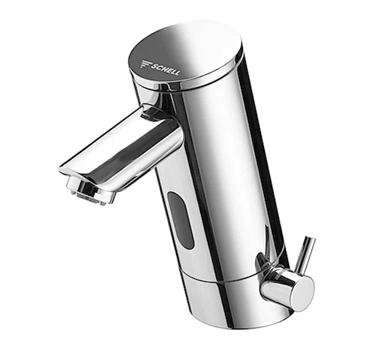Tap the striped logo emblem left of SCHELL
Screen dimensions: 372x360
tap(145, 64)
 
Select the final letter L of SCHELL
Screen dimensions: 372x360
tap(177, 73)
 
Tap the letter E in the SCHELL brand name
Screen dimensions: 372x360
tap(169, 70)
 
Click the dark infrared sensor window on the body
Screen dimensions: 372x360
tap(181, 220)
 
